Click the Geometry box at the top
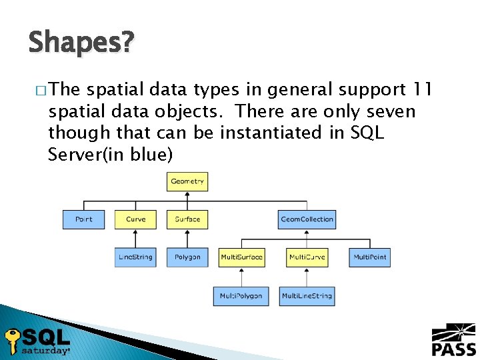coord(187,181)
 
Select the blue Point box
coord(83,219)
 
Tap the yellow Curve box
coord(135,219)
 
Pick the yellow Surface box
coord(187,219)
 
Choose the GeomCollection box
coord(307,219)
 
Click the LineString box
coord(135,257)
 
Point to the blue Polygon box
coord(187,257)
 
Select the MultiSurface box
coord(241,257)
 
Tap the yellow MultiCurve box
coord(307,257)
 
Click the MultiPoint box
coord(369,257)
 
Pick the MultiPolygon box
coord(241,296)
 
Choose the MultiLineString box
coord(307,296)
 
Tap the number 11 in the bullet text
coord(423,89)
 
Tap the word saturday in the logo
coord(45,350)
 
